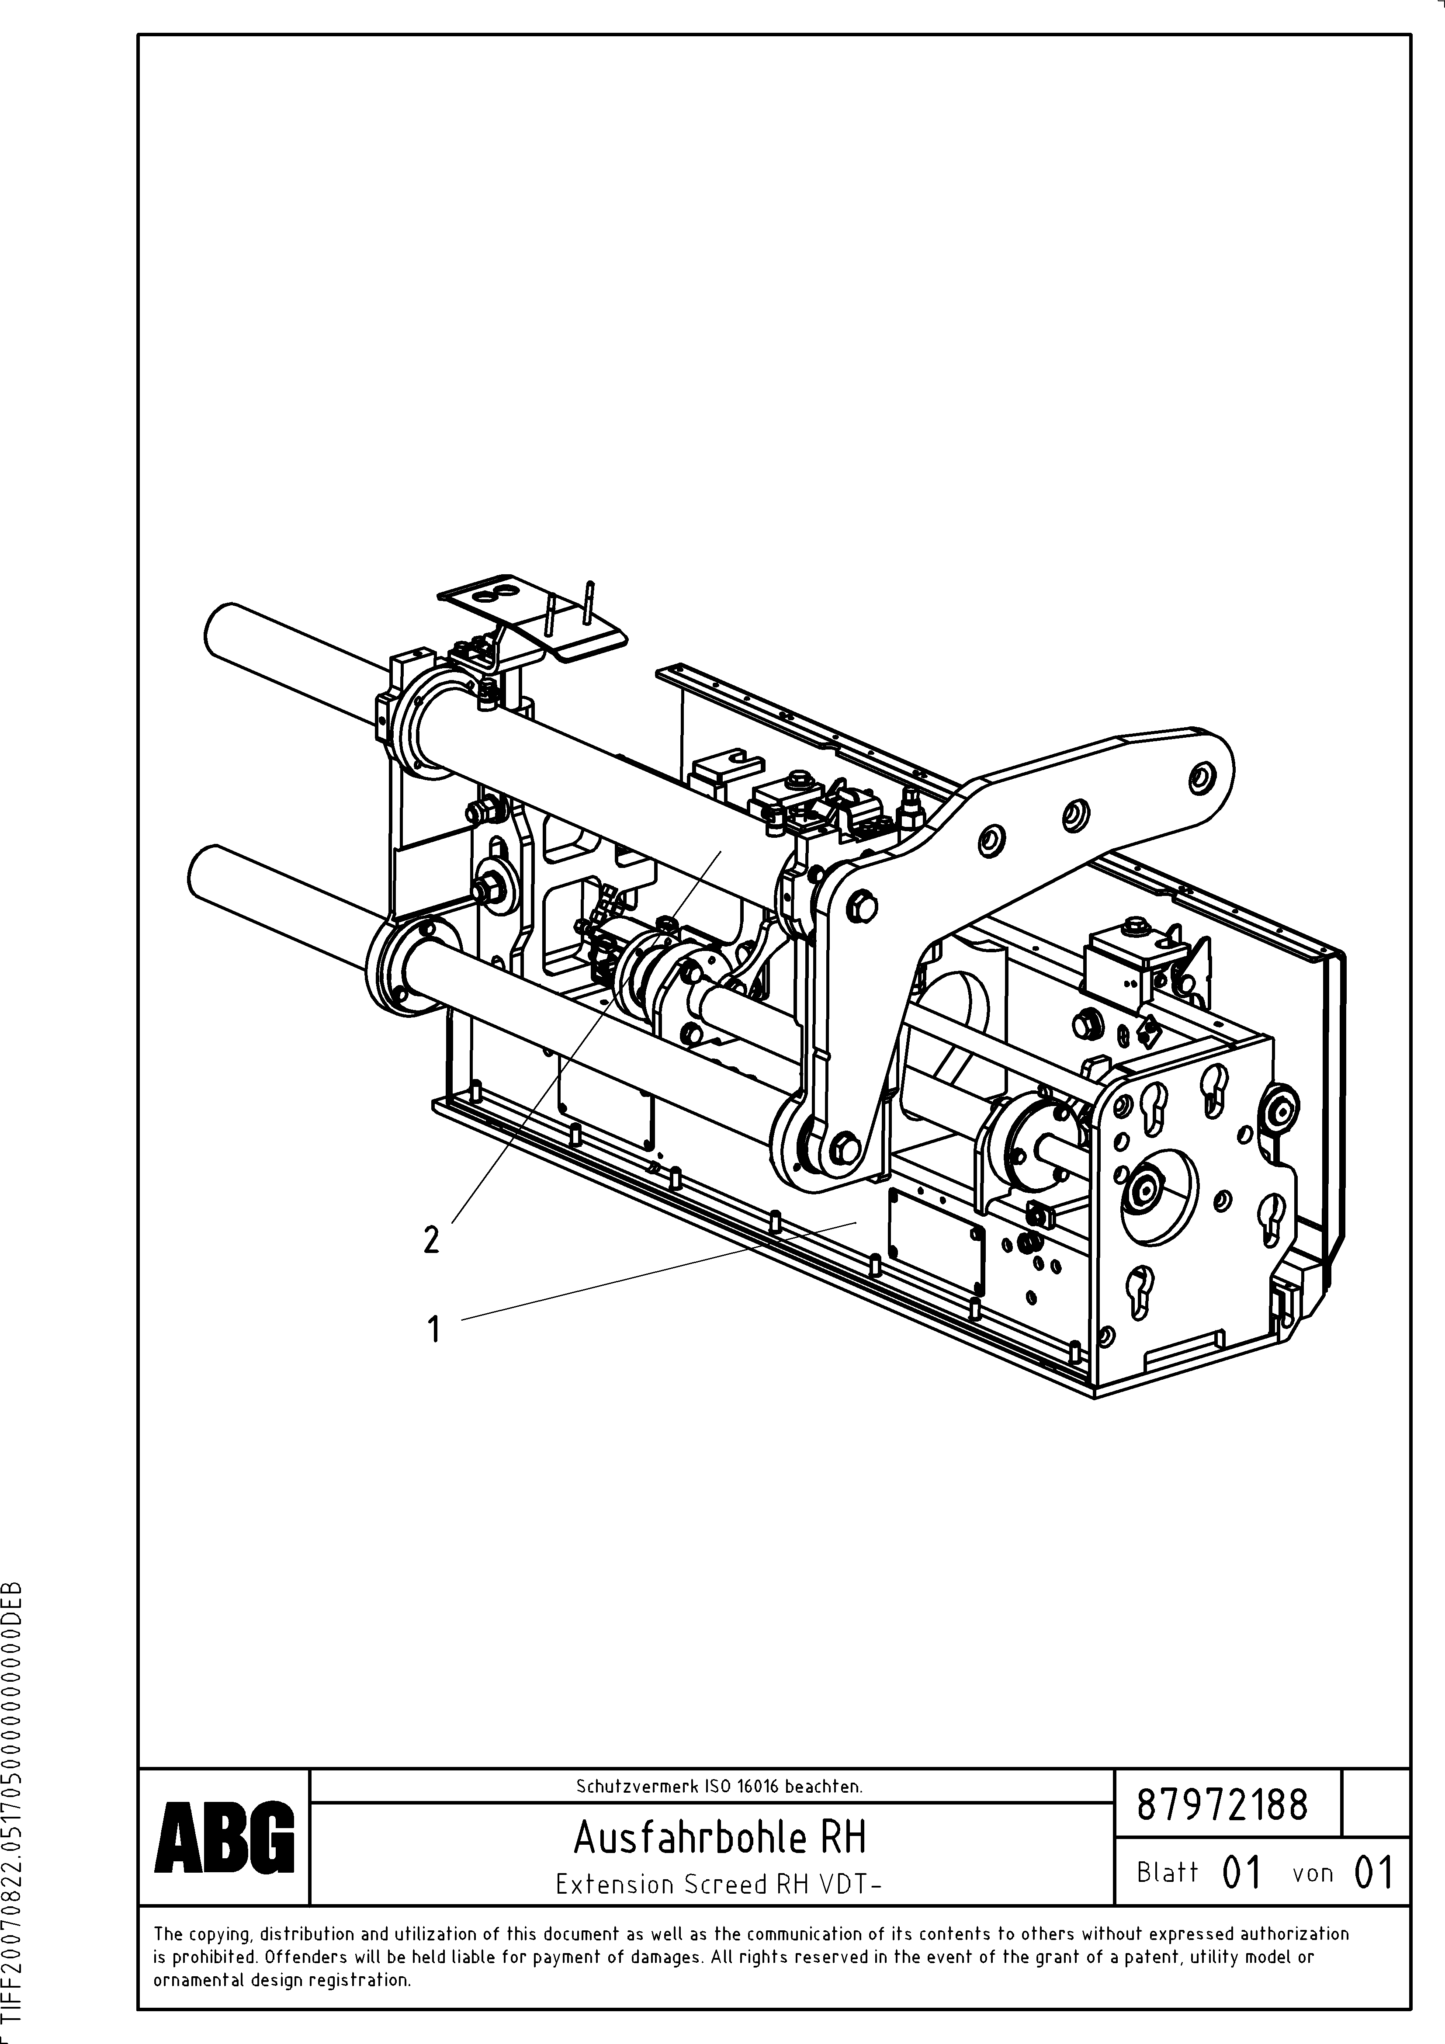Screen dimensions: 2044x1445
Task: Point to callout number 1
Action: [433, 1331]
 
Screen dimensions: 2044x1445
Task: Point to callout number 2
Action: [432, 1239]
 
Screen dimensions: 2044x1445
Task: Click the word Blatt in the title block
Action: [1167, 1872]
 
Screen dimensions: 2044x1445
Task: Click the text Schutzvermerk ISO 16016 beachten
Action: [718, 1786]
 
